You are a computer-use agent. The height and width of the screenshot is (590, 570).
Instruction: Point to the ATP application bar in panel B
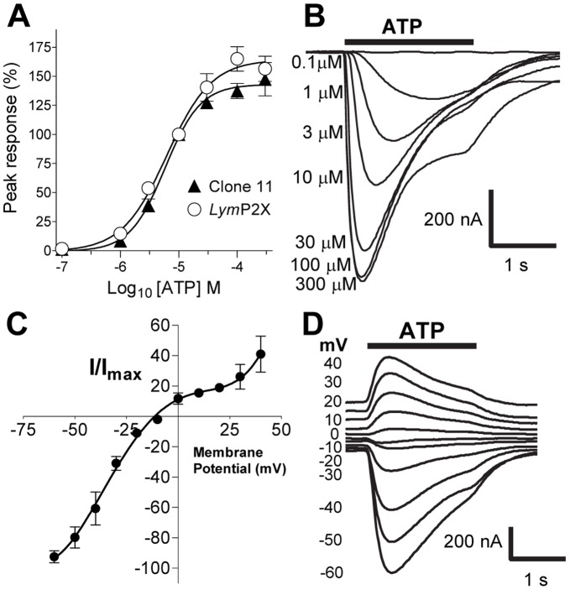(409, 40)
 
